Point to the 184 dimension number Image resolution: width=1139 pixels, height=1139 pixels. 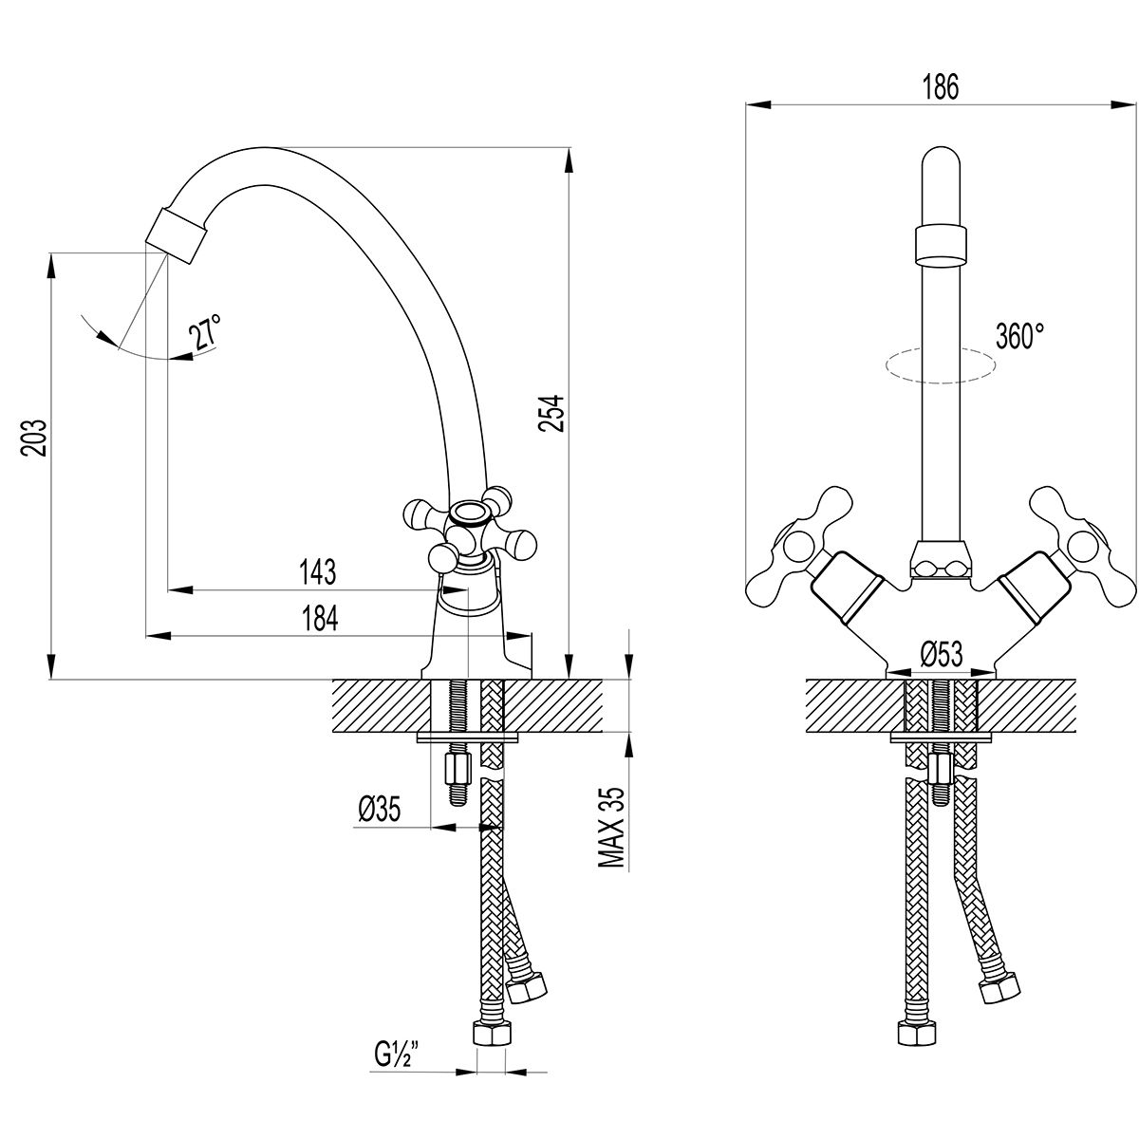pyautogui.click(x=320, y=618)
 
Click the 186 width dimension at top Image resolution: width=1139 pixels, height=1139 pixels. pyautogui.click(x=940, y=86)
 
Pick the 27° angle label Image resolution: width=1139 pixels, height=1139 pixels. pyautogui.click(x=205, y=334)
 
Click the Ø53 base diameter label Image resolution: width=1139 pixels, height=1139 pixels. pyautogui.click(x=941, y=654)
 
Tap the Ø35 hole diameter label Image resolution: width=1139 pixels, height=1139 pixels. pyautogui.click(x=380, y=810)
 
